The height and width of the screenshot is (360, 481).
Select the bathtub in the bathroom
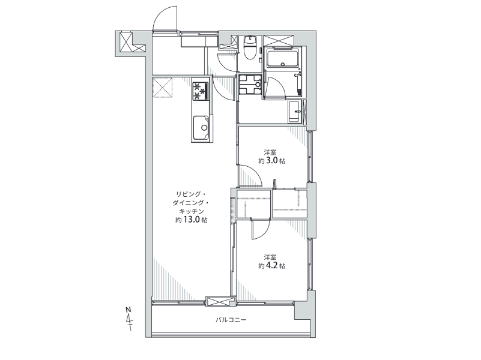coord(282,59)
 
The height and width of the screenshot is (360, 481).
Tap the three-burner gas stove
coord(201,91)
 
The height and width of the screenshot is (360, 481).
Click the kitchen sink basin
coord(201,128)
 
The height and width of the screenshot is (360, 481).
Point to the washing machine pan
coord(250,85)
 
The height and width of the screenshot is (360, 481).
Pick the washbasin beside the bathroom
coord(295,112)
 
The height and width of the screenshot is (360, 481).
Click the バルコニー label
coord(231,320)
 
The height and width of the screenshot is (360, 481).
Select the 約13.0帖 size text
coord(191,220)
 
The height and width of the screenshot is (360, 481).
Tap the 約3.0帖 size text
coord(271,161)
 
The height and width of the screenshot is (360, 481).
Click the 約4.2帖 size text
coord(271,265)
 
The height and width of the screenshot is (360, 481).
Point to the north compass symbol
coord(129,318)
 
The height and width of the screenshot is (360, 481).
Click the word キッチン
coord(192,211)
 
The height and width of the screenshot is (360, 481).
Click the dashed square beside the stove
coord(163,88)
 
